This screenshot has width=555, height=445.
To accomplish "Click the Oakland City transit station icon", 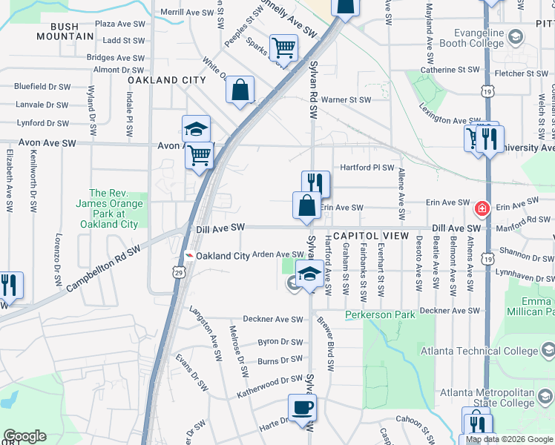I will (x=190, y=256).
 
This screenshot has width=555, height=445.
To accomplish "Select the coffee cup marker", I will (x=302, y=407).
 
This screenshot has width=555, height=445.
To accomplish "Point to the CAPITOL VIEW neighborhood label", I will (x=371, y=236).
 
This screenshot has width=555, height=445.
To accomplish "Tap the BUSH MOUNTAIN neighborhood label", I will (x=65, y=31).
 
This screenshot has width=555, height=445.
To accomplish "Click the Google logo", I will (x=24, y=436).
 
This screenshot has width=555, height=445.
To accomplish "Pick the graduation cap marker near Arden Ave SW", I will (x=309, y=274).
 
